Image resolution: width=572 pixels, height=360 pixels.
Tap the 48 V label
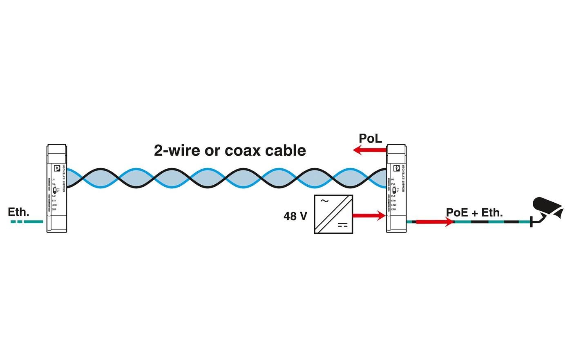point(295,216)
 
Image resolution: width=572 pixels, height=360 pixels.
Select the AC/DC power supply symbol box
point(333,214)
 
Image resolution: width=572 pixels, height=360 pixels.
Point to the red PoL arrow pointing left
point(370,150)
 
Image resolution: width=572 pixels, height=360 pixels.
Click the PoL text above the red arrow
point(370,139)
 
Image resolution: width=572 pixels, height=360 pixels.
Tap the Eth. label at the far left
point(19,212)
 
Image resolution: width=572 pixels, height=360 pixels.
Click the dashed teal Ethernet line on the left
point(27,221)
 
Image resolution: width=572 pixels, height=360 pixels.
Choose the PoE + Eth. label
point(474,212)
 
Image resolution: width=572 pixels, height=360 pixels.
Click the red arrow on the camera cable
point(435,222)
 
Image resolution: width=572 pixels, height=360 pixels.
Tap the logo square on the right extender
point(396,168)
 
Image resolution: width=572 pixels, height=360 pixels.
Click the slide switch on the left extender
point(55,190)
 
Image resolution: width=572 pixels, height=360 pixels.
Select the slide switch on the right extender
point(394,190)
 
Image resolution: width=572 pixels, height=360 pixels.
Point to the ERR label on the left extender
point(54,209)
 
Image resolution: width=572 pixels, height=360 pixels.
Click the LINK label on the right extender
point(393,205)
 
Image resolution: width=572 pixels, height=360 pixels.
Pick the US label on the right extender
point(393,179)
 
